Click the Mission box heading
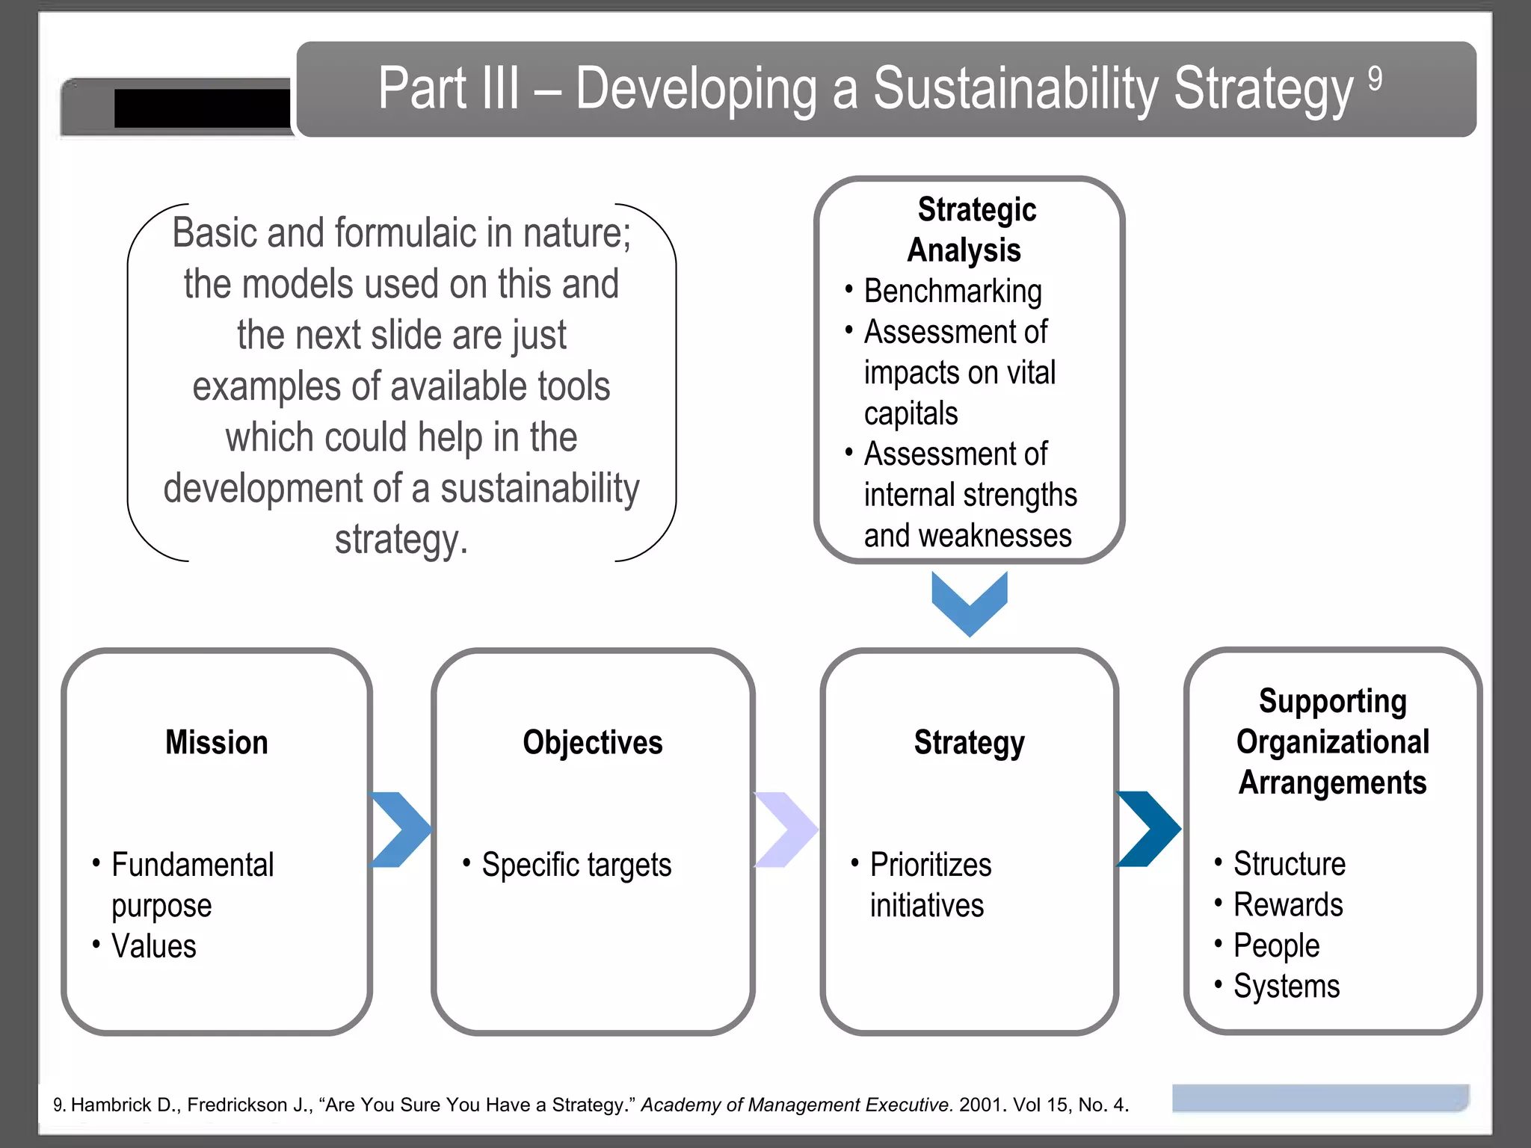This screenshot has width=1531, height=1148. pos(216,742)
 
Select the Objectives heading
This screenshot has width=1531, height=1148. pos(592,742)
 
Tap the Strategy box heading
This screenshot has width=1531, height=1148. pos(969,742)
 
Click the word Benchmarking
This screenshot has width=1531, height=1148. pos(952,291)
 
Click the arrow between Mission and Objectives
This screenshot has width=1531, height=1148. pos(401,830)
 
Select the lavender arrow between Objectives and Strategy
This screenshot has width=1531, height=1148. pos(786,830)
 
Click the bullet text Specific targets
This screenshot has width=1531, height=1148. pos(576,865)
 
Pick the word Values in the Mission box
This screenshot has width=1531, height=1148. pos(154,946)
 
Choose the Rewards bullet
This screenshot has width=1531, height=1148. pos(1288,905)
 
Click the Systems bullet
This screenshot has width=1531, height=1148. pos(1287,987)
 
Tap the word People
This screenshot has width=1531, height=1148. pos(1276,945)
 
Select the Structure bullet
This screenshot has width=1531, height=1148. pos(1290,864)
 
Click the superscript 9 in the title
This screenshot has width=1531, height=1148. pos(1375,78)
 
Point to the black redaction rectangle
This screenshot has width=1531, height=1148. pos(202,108)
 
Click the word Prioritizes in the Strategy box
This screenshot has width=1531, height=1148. pos(931,865)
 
